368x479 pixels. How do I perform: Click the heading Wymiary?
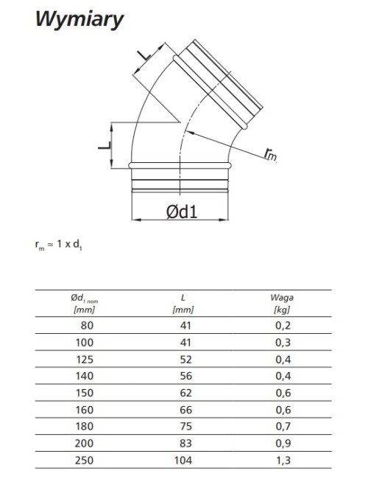point(79,20)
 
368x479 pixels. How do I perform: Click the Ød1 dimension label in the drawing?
point(182,211)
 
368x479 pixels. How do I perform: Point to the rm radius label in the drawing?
point(270,154)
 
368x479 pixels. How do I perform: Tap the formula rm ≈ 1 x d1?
point(59,245)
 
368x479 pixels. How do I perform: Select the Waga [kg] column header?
point(282,304)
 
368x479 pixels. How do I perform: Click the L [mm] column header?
point(183,304)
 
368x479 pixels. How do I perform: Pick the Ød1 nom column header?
point(85,304)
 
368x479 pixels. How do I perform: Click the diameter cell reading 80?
point(87,326)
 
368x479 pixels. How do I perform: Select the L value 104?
point(183,460)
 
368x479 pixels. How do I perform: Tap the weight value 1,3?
point(283,460)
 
